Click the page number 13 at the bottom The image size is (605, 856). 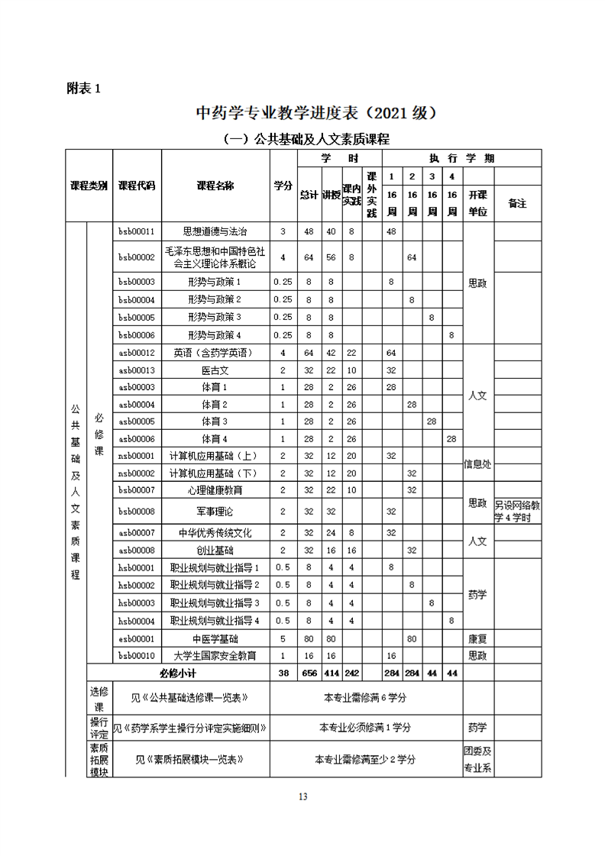click(302, 797)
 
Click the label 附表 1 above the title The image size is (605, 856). click(83, 89)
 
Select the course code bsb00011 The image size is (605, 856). click(137, 231)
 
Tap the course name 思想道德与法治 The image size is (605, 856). click(215, 231)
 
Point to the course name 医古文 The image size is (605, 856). click(215, 370)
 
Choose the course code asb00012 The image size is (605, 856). click(137, 353)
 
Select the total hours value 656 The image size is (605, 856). click(309, 673)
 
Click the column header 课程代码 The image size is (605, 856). click(137, 186)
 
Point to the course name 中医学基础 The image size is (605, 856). click(215, 638)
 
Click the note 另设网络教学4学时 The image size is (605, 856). click(517, 511)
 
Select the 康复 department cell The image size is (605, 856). click(477, 638)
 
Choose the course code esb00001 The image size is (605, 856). click(137, 638)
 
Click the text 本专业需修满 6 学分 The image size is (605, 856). click(365, 698)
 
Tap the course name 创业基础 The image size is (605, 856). click(215, 550)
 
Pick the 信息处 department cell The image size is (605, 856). click(477, 464)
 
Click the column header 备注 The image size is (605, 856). click(517, 203)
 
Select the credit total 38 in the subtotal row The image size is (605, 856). click(283, 673)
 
